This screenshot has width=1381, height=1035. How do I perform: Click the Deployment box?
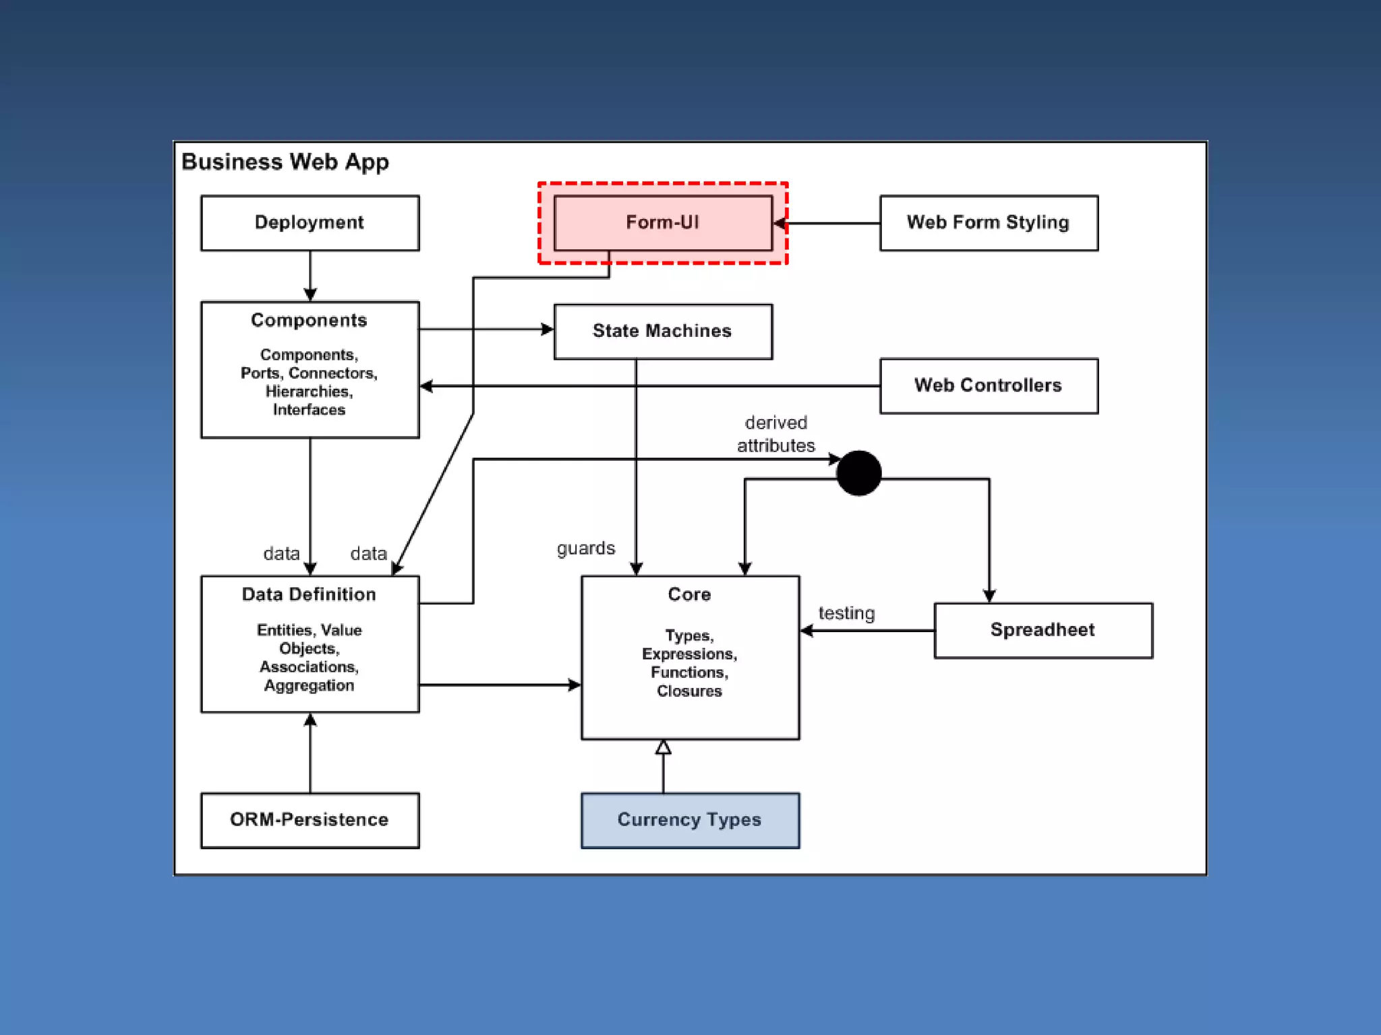coord(310,223)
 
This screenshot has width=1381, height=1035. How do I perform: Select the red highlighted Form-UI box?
coord(663,223)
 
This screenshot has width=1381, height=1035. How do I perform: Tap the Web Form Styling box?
coord(989,223)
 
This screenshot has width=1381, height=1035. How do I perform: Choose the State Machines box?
coord(663,332)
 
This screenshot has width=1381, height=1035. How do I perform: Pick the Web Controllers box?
coord(989,386)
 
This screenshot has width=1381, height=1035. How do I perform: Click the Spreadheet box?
coord(1044,631)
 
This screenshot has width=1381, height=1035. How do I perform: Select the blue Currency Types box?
coord(690,821)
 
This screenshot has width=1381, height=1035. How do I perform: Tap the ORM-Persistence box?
coord(310,821)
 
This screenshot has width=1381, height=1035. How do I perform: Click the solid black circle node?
coord(859,473)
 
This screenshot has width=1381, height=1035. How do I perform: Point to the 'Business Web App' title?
coord(285,162)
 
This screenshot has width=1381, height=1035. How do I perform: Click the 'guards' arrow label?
coord(586,549)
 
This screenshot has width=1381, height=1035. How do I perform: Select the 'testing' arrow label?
coord(847,613)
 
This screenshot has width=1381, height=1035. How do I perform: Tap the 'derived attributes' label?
coord(776,434)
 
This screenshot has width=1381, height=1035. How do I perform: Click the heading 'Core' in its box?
coord(689,594)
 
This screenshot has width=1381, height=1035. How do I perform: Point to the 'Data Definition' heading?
coord(309,594)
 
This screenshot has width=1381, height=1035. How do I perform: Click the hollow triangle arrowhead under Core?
coord(664,747)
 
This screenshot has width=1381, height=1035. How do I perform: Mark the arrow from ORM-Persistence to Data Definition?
coord(310,753)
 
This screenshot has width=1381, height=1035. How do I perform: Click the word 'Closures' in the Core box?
coord(689,691)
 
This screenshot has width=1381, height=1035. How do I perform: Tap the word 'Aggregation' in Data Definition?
coord(309,686)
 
